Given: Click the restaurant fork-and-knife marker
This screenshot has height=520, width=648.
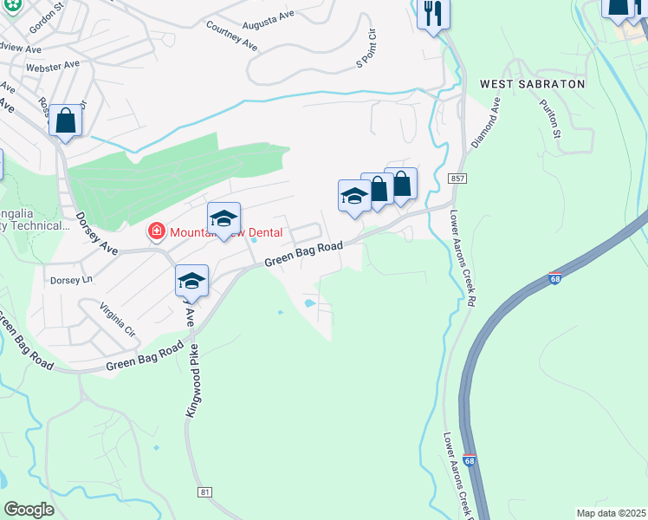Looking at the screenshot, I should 432,15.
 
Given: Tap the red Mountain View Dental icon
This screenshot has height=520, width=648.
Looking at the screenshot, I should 156,231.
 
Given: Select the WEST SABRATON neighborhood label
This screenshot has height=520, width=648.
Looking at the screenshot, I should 532,84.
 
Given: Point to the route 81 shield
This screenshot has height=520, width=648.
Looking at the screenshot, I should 204,492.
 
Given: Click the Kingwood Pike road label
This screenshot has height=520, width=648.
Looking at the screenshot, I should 191,380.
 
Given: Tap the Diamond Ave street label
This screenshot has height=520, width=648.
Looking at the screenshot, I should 485,120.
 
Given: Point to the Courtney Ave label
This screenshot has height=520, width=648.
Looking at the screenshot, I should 232,35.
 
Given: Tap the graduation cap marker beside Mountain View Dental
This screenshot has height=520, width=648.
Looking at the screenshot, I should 224,218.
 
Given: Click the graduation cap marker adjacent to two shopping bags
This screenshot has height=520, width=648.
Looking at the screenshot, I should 353,196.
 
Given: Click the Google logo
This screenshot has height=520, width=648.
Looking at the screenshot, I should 29,509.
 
